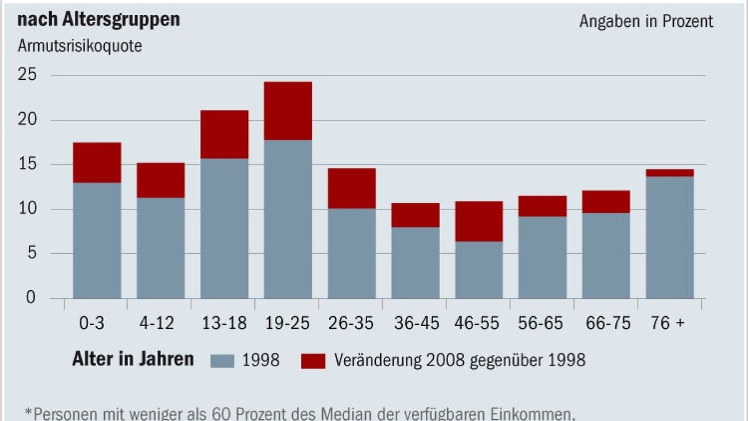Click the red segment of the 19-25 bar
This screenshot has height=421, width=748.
288,110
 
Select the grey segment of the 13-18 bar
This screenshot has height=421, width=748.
224,228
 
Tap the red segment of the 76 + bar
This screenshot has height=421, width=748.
669,173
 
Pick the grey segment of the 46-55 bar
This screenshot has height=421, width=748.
479,269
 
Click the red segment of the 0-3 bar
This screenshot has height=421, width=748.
97,162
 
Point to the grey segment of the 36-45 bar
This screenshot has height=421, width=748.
415,263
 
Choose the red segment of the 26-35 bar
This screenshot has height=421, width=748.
352,188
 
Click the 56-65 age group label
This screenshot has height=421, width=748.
541,323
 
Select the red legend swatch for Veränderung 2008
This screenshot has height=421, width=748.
313,361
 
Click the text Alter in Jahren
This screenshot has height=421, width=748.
133,360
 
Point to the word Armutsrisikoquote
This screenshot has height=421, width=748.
80,46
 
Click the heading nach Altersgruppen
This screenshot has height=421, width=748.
98,19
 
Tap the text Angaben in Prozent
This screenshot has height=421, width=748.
646,21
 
